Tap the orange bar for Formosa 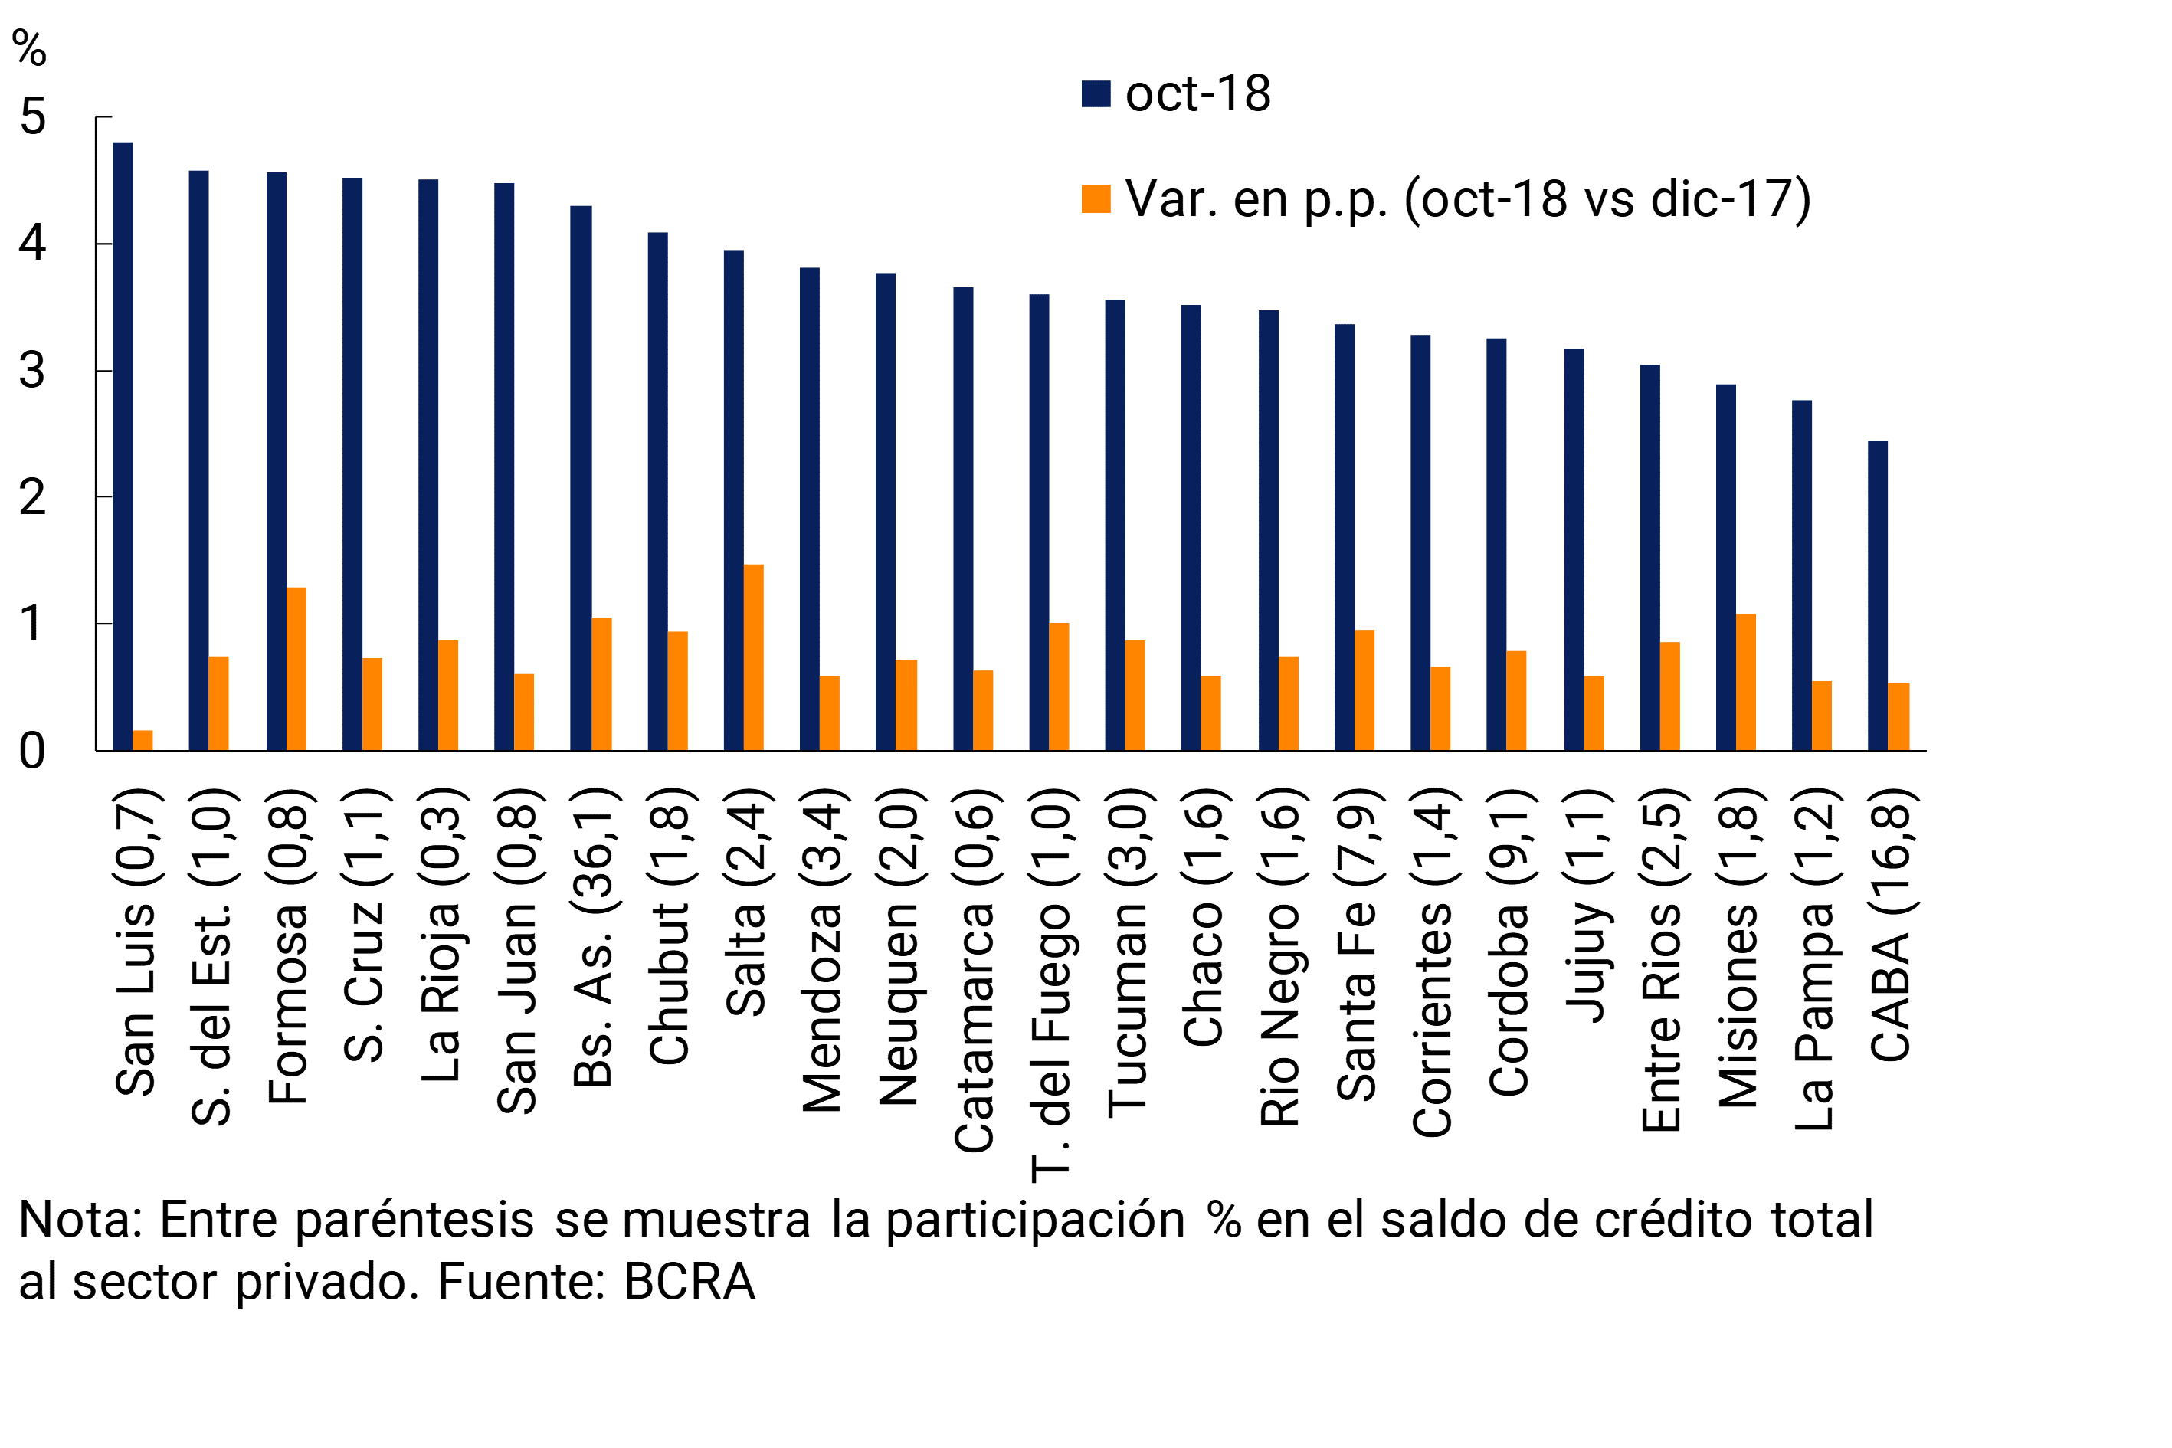coord(296,669)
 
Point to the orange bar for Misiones coord(1745,682)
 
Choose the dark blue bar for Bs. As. coord(581,477)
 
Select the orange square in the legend coord(1096,199)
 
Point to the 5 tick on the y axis coord(32,117)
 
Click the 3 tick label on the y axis coord(32,372)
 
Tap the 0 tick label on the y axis coord(32,752)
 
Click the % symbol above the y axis coord(28,48)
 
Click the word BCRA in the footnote coord(689,1282)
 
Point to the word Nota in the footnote coord(78,1220)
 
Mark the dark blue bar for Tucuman coord(1115,525)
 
